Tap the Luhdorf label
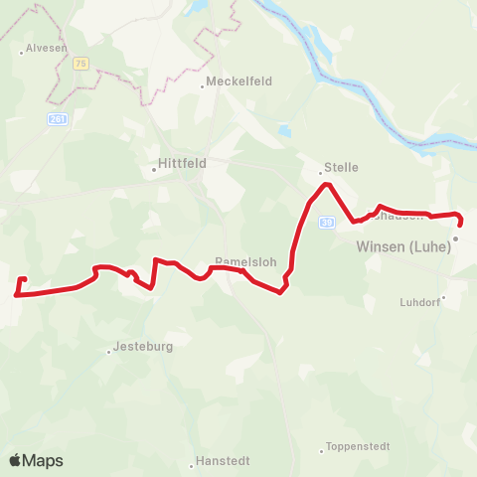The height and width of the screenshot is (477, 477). (x=418, y=302)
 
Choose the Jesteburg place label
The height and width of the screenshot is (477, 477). (x=139, y=348)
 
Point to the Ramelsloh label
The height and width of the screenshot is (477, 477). (x=238, y=263)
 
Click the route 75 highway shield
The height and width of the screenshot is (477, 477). (x=80, y=62)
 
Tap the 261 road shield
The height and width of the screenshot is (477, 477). (x=58, y=119)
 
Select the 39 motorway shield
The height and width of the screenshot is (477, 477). (x=326, y=223)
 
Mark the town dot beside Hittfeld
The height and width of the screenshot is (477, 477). (x=154, y=169)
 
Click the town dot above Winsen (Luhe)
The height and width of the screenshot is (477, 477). (x=456, y=238)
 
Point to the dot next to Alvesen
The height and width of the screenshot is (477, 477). (x=22, y=48)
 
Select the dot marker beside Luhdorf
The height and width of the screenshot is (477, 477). (x=444, y=296)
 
